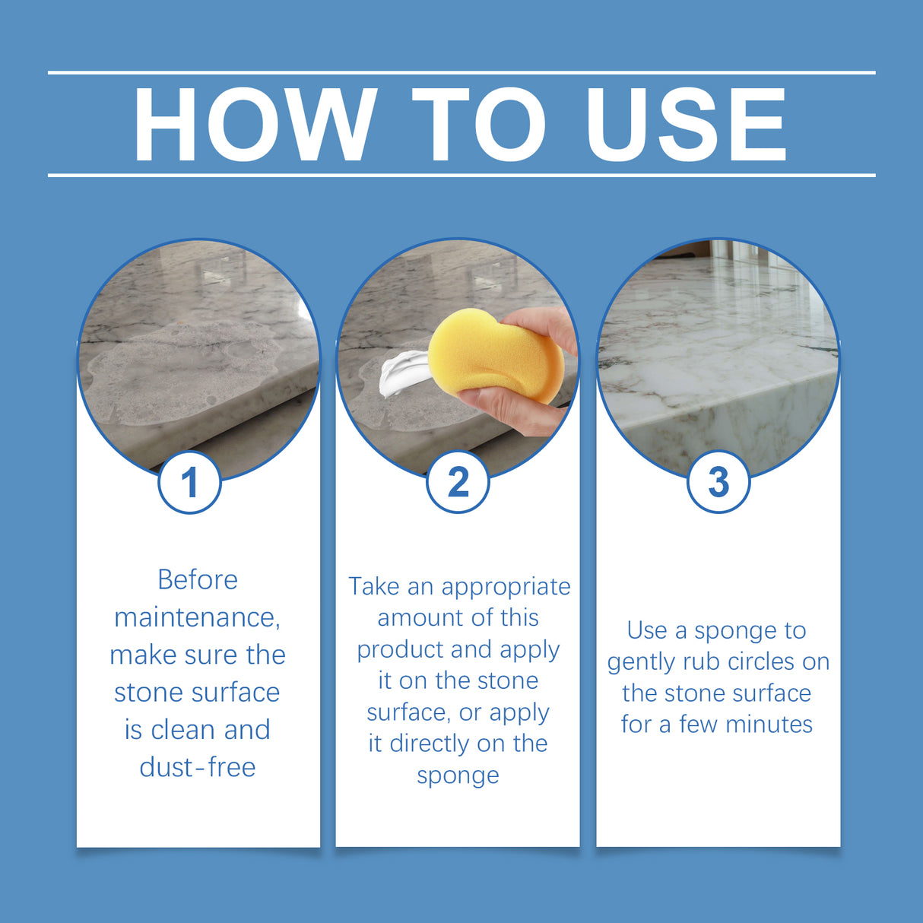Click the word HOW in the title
[x=255, y=125]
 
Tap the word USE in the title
[x=686, y=125]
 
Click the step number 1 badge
[x=189, y=482]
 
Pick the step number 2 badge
[x=458, y=482]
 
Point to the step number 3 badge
[x=718, y=482]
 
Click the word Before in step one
[x=198, y=580]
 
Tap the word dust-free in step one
[x=198, y=767]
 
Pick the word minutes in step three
[x=769, y=725]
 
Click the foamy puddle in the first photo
[x=182, y=365]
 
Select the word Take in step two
[x=374, y=586]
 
